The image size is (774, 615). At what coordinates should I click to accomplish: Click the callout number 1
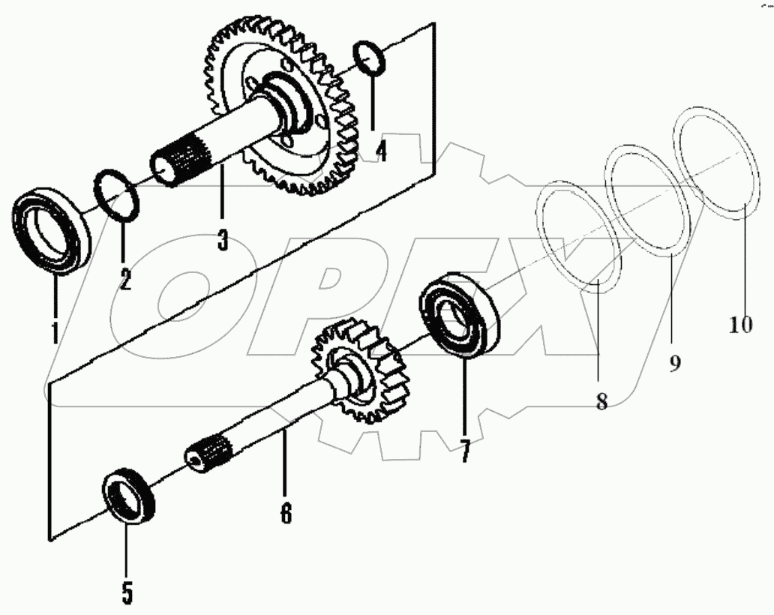click(55, 329)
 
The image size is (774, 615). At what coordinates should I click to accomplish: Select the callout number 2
click(124, 279)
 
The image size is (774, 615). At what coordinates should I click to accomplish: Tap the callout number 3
click(223, 240)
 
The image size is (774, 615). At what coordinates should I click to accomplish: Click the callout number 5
click(127, 592)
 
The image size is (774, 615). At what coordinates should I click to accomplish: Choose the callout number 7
click(465, 451)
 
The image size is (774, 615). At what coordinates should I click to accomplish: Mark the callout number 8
click(601, 400)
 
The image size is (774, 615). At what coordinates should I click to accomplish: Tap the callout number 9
click(673, 364)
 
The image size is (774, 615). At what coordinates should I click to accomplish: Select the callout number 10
click(740, 324)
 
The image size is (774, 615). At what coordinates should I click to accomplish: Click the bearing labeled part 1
click(53, 232)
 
